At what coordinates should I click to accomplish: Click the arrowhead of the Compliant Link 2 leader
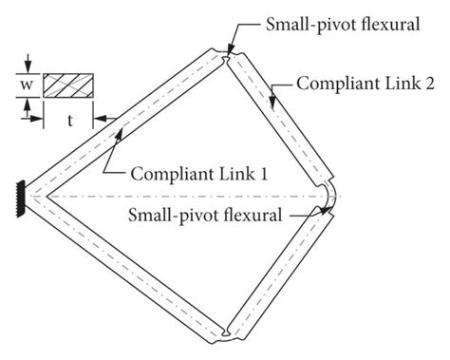(x=276, y=94)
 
